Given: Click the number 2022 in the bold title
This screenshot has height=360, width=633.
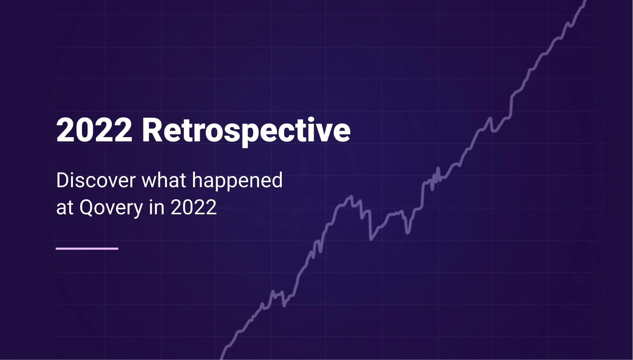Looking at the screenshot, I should (x=94, y=131).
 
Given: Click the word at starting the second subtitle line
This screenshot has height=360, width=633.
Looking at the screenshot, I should (x=65, y=208).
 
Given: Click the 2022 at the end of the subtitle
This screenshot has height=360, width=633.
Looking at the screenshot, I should (x=194, y=208).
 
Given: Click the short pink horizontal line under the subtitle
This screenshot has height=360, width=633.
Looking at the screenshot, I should (x=87, y=249).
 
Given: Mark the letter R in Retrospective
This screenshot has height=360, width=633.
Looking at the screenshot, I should (x=152, y=131).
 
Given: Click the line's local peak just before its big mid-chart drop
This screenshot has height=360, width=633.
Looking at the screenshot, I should (x=351, y=197).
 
